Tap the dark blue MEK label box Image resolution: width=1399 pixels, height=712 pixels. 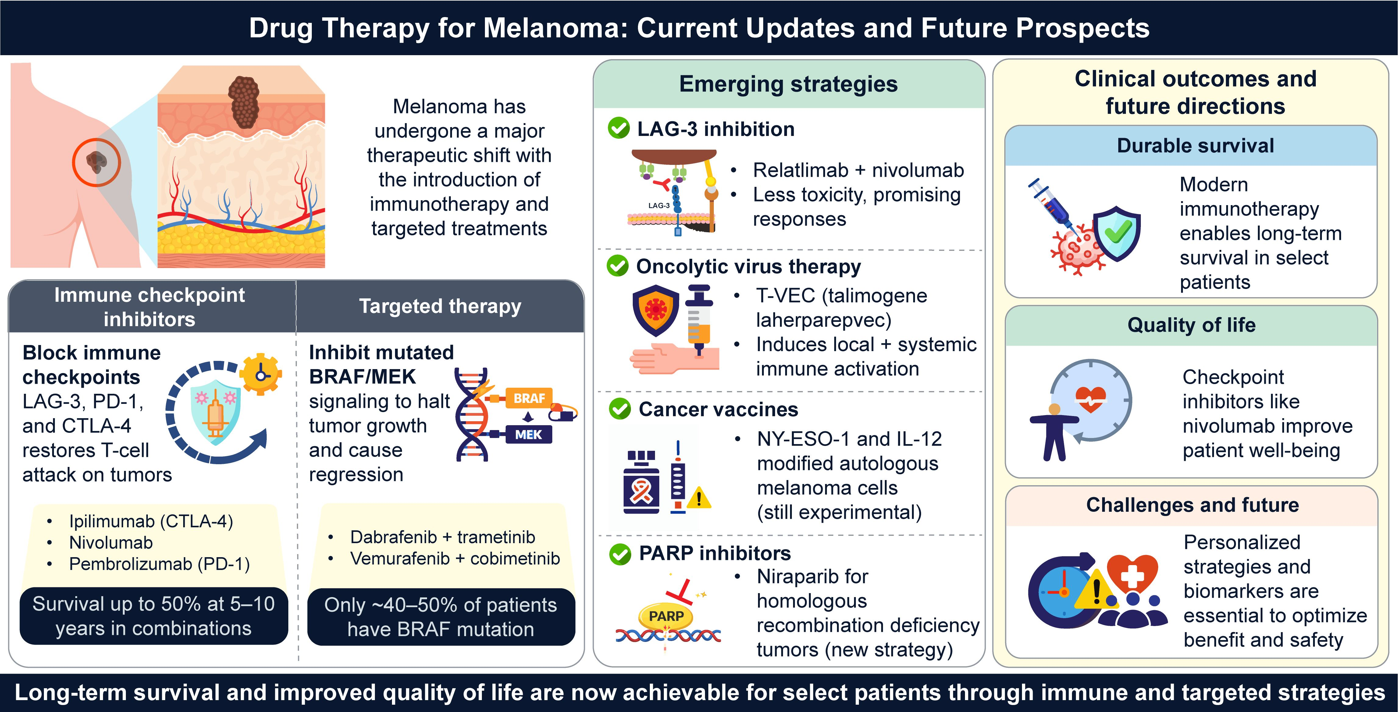529,434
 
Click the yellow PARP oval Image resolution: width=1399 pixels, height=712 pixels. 666,616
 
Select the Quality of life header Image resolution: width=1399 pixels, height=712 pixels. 1191,325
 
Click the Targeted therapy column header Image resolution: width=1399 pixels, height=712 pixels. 440,306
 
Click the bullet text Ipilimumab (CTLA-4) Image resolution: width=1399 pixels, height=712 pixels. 151,522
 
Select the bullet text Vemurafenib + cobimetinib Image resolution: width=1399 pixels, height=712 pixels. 455,558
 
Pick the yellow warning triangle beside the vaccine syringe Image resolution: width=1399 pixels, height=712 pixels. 699,497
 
